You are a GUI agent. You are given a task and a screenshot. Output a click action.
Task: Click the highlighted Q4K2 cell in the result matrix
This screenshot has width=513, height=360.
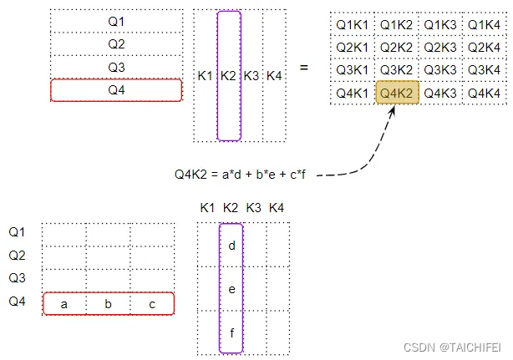click(x=397, y=94)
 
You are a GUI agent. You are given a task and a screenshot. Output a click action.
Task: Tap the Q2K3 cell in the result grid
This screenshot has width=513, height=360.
click(x=440, y=48)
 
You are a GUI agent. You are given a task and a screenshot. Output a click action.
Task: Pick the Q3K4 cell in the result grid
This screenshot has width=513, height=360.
click(x=484, y=70)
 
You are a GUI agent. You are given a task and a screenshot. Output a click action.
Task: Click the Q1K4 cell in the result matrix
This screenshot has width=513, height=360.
click(x=484, y=25)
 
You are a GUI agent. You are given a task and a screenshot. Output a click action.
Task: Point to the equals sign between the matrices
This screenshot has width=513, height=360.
click(x=303, y=68)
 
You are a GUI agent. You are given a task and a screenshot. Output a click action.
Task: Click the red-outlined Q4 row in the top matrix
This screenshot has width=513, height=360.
click(x=116, y=89)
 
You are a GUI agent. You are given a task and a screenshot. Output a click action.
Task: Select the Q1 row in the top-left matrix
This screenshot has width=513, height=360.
click(x=116, y=20)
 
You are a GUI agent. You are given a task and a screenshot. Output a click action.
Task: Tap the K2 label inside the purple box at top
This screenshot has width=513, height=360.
click(x=229, y=76)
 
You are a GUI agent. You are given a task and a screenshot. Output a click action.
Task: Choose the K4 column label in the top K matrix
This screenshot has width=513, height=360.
click(x=274, y=76)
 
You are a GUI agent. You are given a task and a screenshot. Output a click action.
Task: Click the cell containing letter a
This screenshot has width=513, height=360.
click(x=64, y=304)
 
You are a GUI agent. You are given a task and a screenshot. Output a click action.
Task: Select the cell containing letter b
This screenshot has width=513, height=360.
click(x=108, y=304)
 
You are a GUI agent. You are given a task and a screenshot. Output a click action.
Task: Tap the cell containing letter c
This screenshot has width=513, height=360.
click(x=151, y=304)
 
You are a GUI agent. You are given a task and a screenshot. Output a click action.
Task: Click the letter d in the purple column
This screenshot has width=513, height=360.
click(x=231, y=246)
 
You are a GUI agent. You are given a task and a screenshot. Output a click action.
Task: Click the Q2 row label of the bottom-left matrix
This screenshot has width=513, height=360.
click(x=18, y=255)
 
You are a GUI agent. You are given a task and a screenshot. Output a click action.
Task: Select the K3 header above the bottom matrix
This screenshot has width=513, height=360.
click(x=254, y=207)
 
